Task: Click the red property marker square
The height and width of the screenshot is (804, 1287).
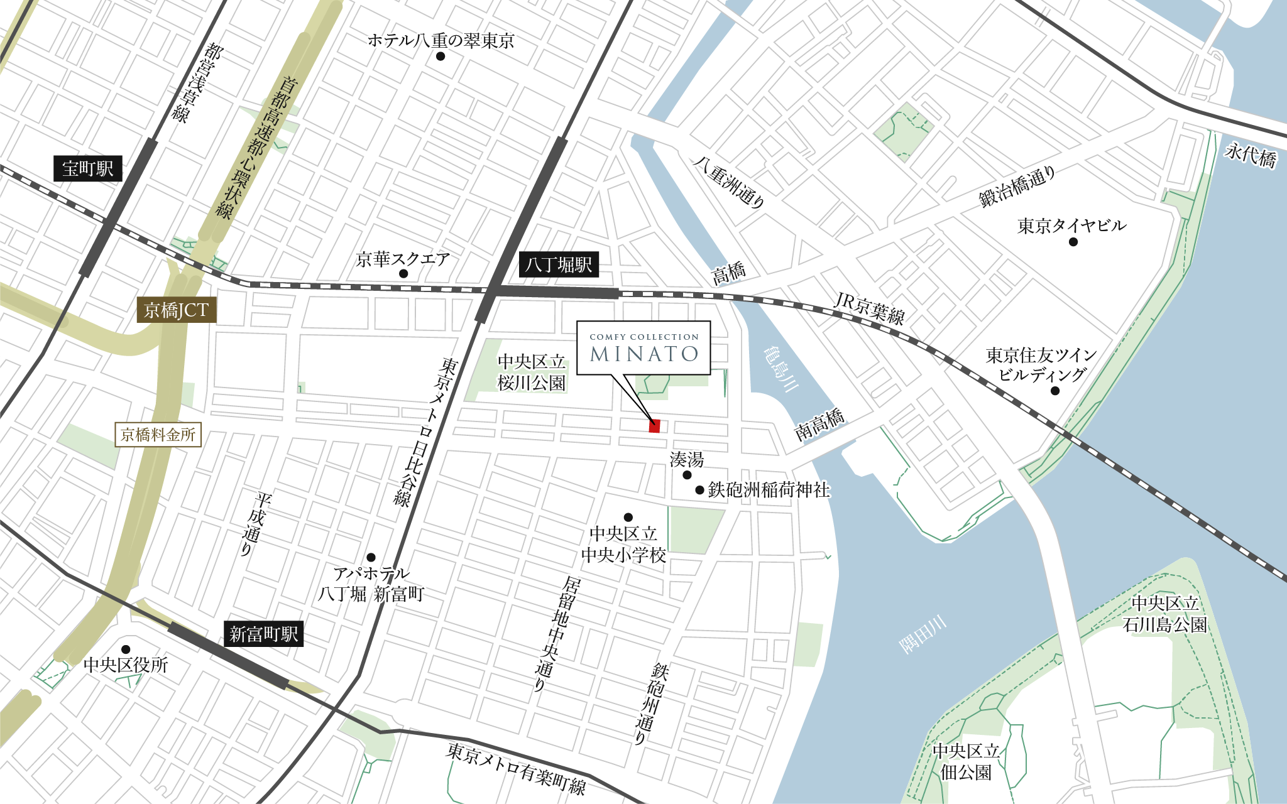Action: (x=654, y=426)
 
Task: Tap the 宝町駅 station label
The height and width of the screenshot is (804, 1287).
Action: (x=88, y=168)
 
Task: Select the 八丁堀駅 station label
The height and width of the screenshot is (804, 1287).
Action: (x=559, y=264)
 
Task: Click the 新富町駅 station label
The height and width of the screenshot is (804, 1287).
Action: (x=263, y=634)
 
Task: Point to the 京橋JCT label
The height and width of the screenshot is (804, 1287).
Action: (x=177, y=310)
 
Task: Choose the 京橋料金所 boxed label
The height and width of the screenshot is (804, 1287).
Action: (x=158, y=435)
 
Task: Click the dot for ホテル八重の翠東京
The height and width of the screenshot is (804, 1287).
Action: (x=441, y=57)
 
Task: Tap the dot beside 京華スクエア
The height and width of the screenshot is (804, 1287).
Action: (x=403, y=274)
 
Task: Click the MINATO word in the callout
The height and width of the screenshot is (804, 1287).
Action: (x=644, y=354)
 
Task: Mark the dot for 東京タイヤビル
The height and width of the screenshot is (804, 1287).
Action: (x=1073, y=242)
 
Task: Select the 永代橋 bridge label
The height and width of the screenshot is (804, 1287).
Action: (x=1251, y=155)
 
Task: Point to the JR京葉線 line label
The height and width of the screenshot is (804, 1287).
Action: (x=870, y=308)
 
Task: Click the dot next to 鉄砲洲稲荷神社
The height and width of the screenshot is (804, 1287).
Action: (x=699, y=490)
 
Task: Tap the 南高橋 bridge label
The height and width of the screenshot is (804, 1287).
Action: (x=819, y=425)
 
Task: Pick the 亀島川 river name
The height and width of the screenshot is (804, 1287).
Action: (x=780, y=369)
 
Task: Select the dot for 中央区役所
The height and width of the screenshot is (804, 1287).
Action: (x=126, y=649)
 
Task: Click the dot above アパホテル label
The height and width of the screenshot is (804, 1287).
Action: (x=371, y=557)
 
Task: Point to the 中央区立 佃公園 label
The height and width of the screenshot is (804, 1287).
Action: (x=966, y=761)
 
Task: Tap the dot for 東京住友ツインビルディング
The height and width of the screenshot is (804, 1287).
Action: (x=1055, y=391)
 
